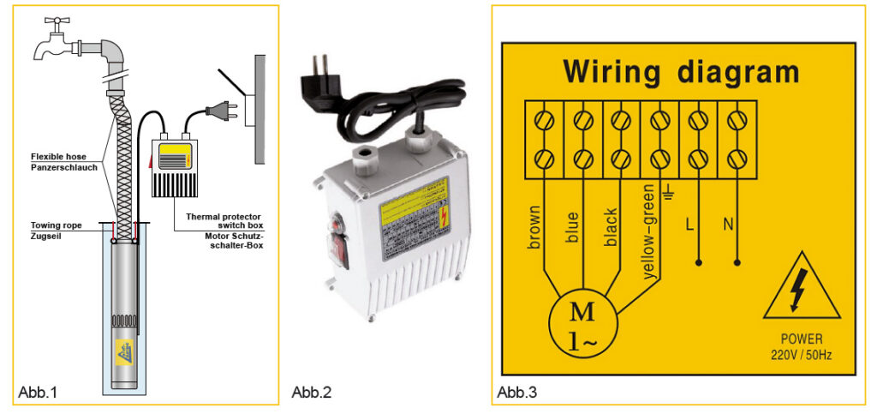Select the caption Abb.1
pyautogui.click(x=38, y=393)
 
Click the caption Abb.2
pyautogui.click(x=312, y=393)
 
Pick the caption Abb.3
pyautogui.click(x=517, y=393)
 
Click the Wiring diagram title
pyautogui.click(x=680, y=71)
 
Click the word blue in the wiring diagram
pyautogui.click(x=572, y=227)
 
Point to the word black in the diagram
pyautogui.click(x=611, y=226)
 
